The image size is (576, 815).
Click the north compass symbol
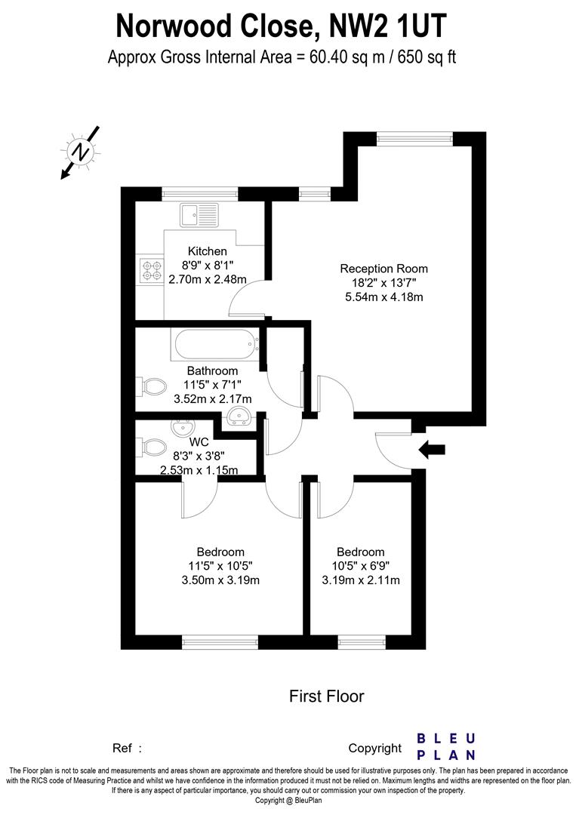(x=81, y=153)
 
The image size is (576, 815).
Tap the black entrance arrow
(x=432, y=451)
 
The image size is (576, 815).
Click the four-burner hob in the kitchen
(x=151, y=270)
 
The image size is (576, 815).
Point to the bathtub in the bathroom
(x=215, y=346)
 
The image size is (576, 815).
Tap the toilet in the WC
(x=152, y=447)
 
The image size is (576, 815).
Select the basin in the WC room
(x=182, y=429)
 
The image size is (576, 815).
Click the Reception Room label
(x=383, y=269)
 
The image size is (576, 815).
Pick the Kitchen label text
(x=208, y=251)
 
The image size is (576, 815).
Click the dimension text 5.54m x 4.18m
(x=383, y=297)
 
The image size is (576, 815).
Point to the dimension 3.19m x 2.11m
(x=361, y=580)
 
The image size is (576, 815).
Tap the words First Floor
(x=326, y=696)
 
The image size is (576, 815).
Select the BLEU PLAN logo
(x=447, y=746)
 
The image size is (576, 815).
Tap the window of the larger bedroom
(x=220, y=642)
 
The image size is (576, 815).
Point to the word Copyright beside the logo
(x=375, y=749)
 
